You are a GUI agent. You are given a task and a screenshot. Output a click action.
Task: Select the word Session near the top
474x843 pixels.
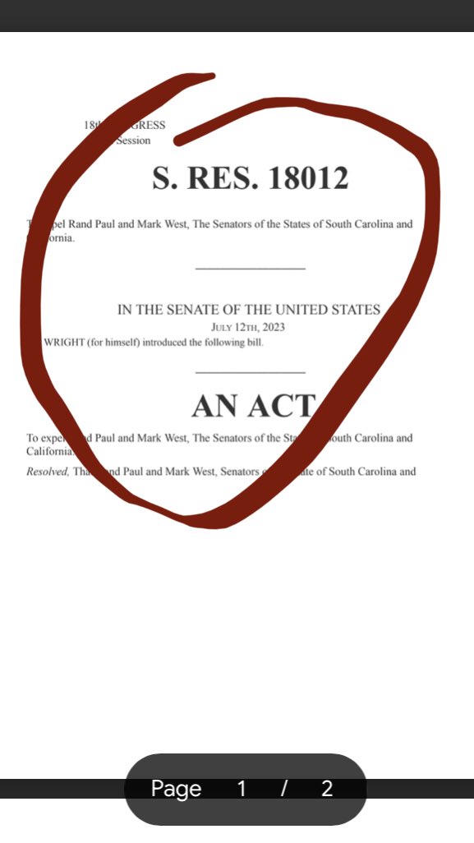point(133,140)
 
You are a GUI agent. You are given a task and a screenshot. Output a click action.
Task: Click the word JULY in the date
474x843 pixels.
point(224,327)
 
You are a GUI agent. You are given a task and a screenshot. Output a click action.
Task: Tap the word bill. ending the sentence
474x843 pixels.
point(254,342)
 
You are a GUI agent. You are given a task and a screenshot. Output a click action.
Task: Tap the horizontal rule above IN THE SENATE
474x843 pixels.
point(251,269)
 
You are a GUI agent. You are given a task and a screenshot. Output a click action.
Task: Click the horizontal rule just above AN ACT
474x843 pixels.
point(251,373)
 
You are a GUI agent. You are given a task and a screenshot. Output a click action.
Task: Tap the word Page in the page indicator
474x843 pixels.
point(176,789)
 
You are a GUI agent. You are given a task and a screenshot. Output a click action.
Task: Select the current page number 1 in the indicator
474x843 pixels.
point(242,789)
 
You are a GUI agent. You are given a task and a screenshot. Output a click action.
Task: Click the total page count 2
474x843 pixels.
point(327,789)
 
